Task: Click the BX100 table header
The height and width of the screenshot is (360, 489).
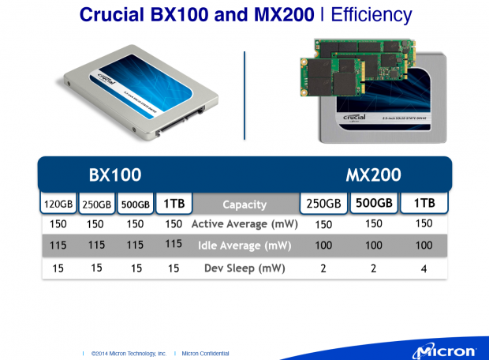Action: (114, 174)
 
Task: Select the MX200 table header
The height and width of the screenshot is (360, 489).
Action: (373, 174)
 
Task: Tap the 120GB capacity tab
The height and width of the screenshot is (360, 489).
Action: (58, 204)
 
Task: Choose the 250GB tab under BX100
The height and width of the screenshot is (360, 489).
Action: (97, 204)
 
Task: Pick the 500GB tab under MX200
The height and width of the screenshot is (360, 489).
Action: (374, 204)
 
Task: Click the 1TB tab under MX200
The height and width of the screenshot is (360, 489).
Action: (424, 204)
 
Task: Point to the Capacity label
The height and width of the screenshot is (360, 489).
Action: (244, 204)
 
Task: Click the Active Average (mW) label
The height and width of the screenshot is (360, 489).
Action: (244, 224)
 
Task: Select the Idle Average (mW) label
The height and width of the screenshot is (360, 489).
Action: (244, 246)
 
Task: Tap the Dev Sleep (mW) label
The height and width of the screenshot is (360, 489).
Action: (244, 268)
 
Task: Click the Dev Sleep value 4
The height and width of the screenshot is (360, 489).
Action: (424, 268)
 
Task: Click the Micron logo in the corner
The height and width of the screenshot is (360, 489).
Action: (446, 349)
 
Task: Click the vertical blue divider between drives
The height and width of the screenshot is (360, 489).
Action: (244, 86)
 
